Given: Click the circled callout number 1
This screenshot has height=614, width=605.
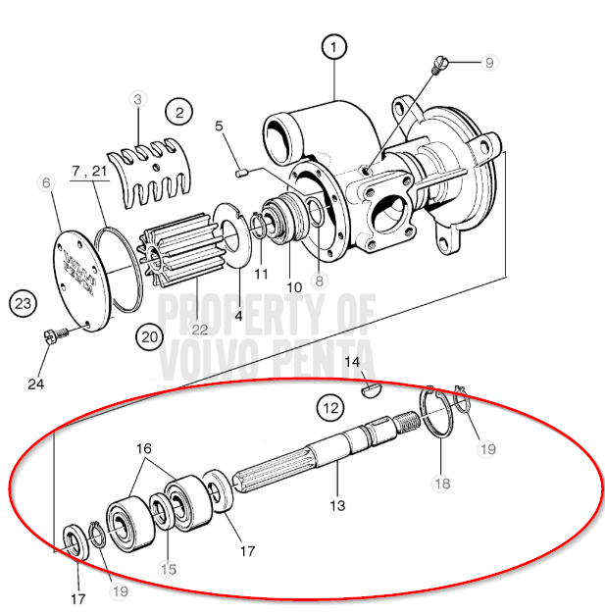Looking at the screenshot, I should (334, 46).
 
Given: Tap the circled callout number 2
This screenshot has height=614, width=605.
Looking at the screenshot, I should (179, 112).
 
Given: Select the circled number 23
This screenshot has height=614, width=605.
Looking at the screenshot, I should (25, 304).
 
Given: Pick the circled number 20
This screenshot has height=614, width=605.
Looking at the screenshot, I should (149, 335).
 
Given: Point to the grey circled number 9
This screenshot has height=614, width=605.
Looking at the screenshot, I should (487, 62).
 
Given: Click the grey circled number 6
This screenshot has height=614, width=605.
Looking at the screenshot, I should (46, 182).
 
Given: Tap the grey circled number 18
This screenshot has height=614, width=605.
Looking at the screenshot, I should (441, 483).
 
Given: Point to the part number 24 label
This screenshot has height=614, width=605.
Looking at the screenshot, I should (36, 384).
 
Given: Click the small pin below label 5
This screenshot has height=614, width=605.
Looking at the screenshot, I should (241, 174).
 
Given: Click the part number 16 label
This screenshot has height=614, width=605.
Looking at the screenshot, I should (144, 448).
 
